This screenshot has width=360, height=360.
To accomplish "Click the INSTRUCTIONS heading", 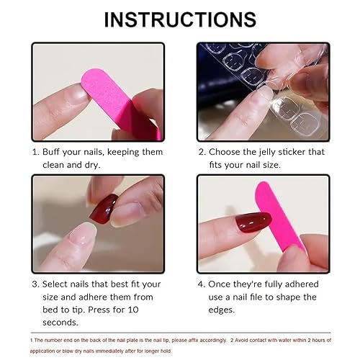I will [x=180, y=19].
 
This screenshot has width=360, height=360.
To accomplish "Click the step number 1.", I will [x=35, y=152].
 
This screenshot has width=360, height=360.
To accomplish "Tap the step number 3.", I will [x=35, y=284].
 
